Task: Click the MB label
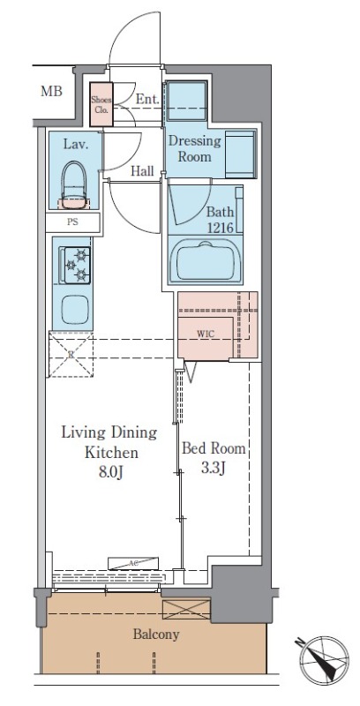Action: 51,92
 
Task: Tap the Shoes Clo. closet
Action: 101,104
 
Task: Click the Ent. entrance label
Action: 147,100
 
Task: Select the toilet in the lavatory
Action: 73,185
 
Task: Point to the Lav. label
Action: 75,145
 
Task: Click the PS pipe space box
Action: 72,222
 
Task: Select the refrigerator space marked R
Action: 71,355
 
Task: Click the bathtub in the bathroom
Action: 206,262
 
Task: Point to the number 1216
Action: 220,228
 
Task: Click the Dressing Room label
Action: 195,149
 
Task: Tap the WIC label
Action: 206,334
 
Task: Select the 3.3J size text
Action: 213,469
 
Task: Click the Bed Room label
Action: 214,448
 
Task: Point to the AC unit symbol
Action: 133,563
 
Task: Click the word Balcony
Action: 156,635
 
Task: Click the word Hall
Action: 142,170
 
